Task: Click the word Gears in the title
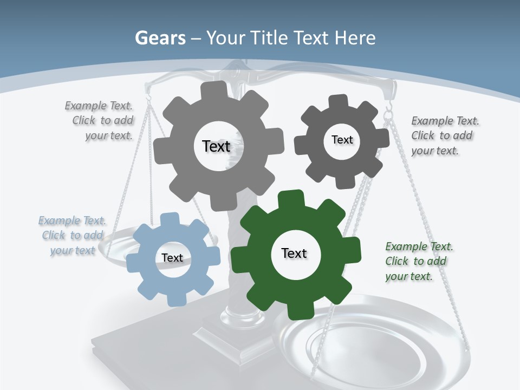(x=159, y=38)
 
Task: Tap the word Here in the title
(x=355, y=38)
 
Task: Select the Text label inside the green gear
(x=294, y=253)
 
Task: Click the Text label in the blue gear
(x=172, y=258)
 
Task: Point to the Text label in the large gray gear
(x=216, y=146)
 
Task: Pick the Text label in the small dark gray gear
(x=342, y=140)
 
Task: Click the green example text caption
(x=419, y=262)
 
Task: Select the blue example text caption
(x=71, y=236)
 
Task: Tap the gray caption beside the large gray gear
(x=100, y=120)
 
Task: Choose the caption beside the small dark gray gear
(x=444, y=135)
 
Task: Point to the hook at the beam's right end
(x=388, y=113)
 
